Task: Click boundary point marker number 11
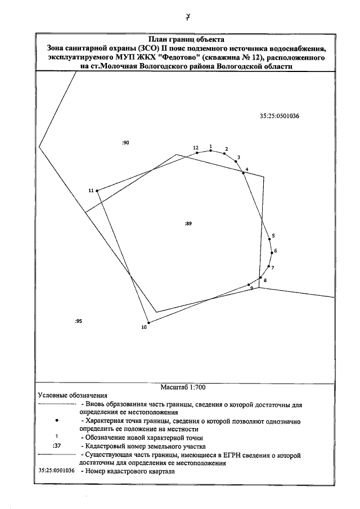[97, 191]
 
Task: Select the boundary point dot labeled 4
[243, 173]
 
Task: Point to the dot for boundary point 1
[210, 150]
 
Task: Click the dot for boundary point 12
[197, 152]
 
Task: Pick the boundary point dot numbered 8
[260, 277]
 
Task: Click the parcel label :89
[188, 224]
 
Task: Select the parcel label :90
[125, 143]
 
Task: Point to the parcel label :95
[78, 321]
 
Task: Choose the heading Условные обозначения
[72, 395]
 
